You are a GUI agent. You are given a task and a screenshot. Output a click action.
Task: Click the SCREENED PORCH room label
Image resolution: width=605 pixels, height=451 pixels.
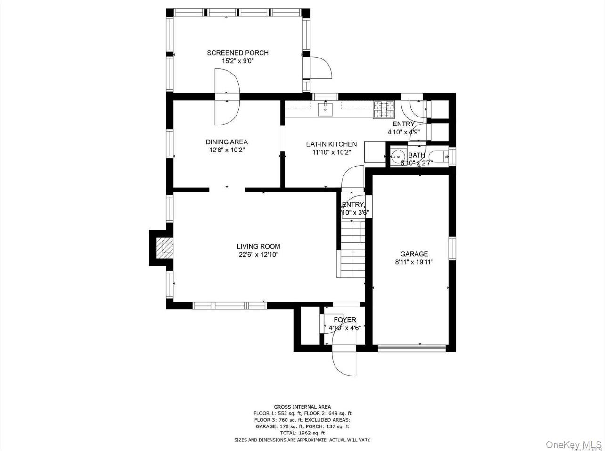(237, 53)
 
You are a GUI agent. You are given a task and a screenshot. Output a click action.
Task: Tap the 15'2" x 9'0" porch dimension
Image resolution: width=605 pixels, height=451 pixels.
(237, 61)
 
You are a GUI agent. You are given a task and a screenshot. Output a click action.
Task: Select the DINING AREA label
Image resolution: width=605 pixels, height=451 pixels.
(227, 142)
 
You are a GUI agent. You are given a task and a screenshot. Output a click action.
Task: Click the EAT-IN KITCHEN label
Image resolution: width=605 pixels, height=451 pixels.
(331, 144)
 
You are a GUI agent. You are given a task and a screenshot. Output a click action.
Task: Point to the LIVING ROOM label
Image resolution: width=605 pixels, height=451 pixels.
(258, 246)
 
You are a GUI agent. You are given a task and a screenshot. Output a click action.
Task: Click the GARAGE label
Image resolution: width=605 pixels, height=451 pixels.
(414, 254)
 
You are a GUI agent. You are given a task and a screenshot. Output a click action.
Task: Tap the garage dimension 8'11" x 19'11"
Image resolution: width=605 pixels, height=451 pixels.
(414, 262)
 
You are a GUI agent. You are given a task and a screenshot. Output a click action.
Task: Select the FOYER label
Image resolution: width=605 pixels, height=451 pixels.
(344, 320)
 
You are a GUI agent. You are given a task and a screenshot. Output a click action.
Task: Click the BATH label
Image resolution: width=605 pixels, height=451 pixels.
(417, 155)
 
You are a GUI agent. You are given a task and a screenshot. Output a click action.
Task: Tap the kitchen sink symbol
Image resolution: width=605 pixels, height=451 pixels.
(325, 109)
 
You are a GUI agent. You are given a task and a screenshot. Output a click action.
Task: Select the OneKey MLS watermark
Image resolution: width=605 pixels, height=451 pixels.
(573, 444)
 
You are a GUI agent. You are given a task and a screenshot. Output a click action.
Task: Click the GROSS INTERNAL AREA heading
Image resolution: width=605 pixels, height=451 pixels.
(302, 407)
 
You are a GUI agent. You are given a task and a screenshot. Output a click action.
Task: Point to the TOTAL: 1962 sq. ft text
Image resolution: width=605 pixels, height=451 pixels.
(302, 433)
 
